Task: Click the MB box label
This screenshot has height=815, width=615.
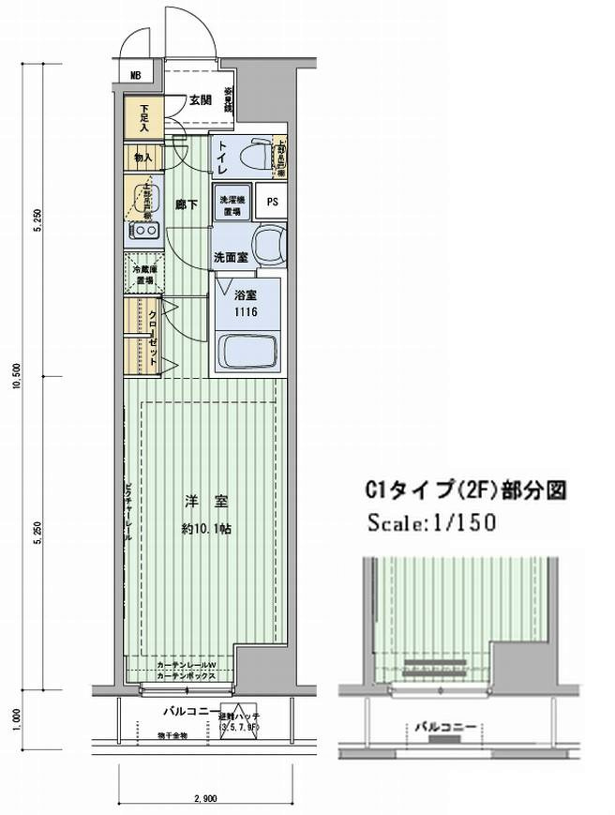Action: pyautogui.click(x=135, y=76)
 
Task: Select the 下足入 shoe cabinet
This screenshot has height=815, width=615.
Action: pyautogui.click(x=144, y=117)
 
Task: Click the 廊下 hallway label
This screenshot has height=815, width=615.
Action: pyautogui.click(x=187, y=205)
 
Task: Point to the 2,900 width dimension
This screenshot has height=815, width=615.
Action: pyautogui.click(x=205, y=798)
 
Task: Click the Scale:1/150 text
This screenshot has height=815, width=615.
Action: pyautogui.click(x=430, y=521)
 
